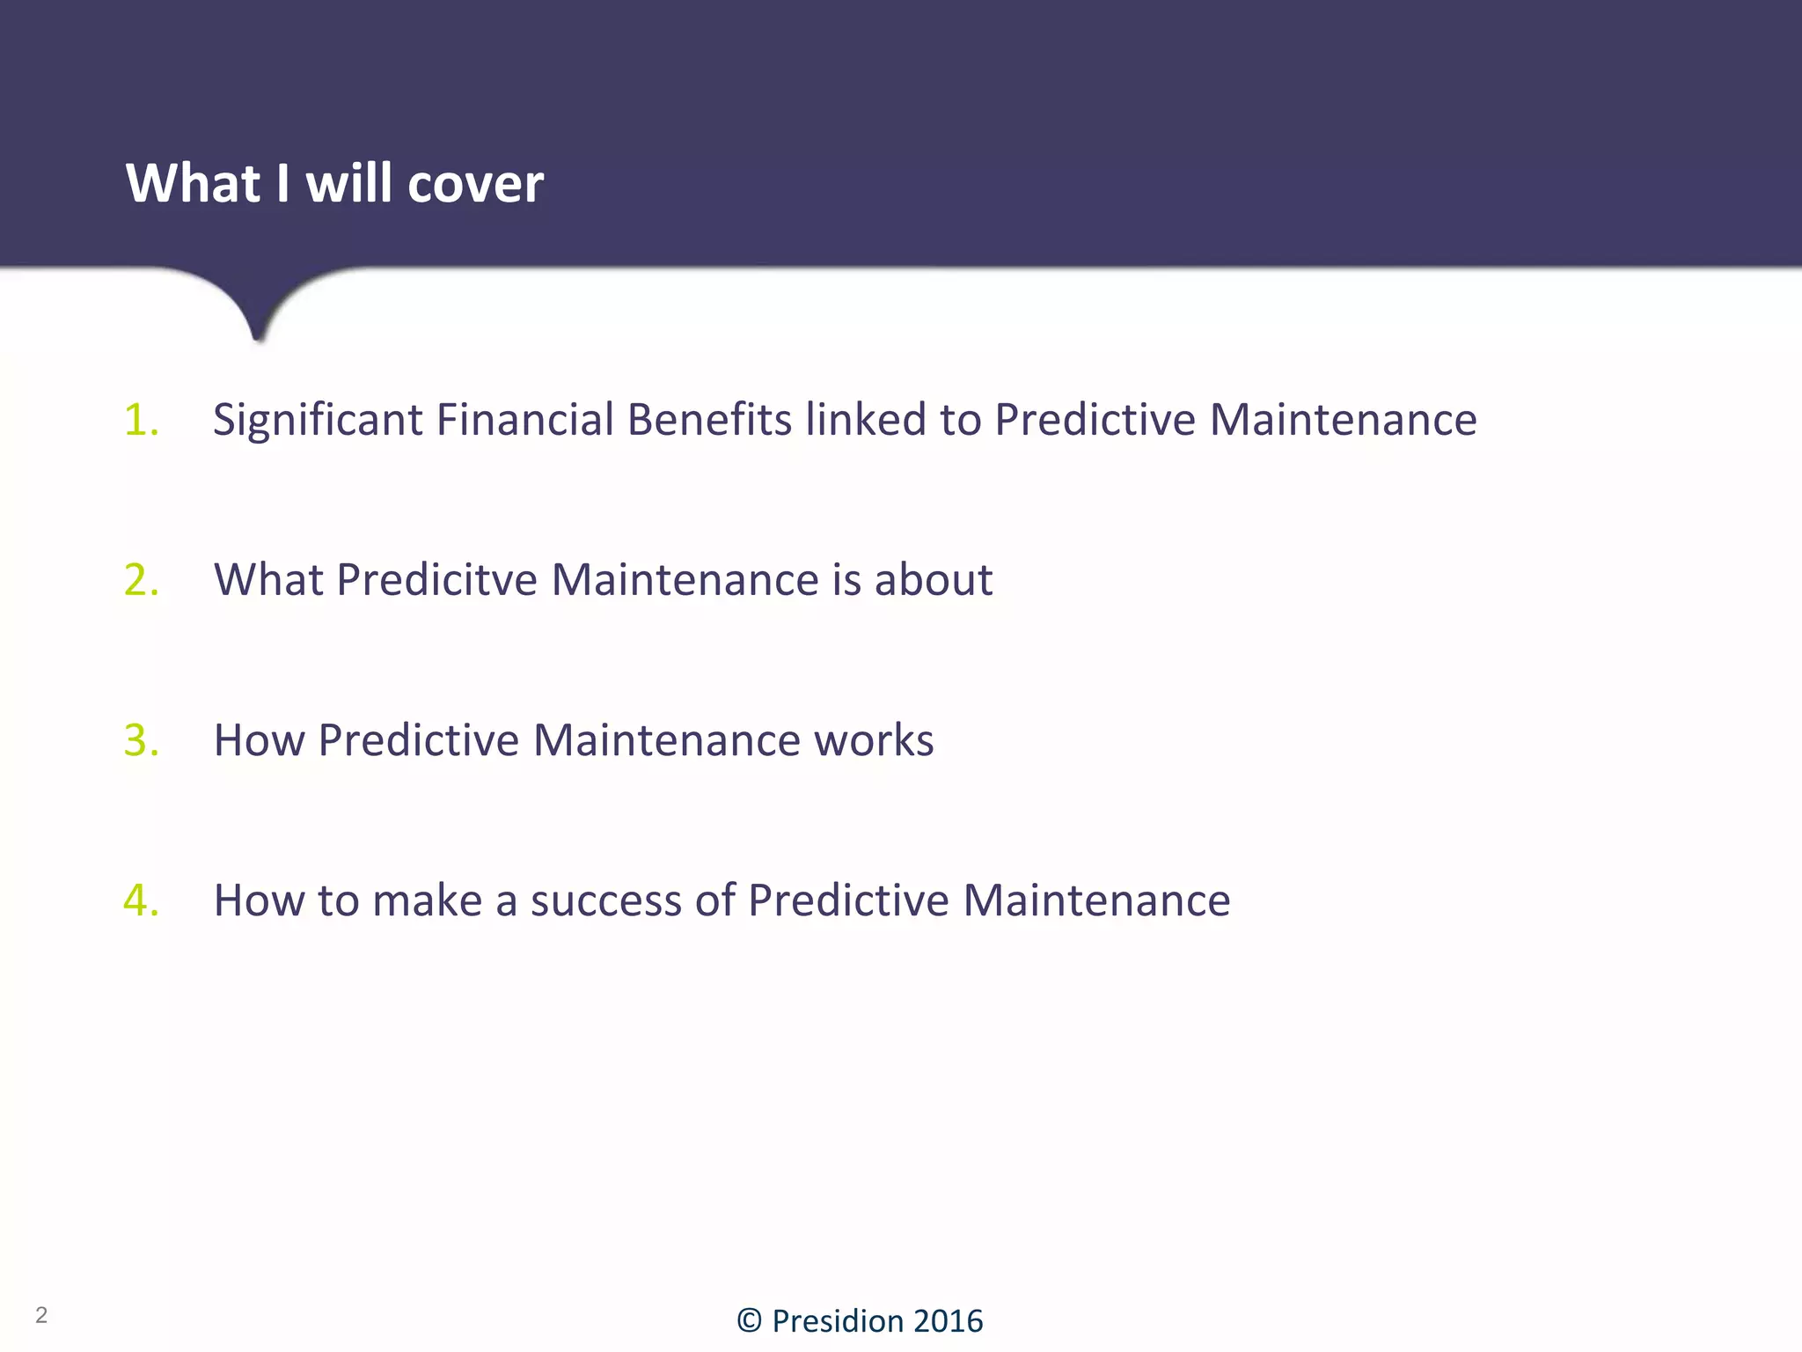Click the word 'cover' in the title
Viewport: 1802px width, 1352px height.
(x=475, y=185)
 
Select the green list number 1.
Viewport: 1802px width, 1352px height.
(x=141, y=420)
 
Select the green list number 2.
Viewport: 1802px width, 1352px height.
(x=141, y=580)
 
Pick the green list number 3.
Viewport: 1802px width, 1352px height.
(x=141, y=740)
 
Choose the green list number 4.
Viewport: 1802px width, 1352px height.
(x=141, y=900)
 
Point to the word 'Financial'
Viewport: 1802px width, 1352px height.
(x=524, y=420)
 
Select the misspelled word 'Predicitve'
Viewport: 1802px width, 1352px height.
(x=436, y=580)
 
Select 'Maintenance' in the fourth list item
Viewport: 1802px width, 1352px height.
(x=1096, y=900)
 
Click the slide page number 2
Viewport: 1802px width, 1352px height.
(x=41, y=1315)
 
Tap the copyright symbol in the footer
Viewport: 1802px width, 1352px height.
(x=749, y=1321)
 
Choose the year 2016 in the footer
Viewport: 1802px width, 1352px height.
(x=948, y=1321)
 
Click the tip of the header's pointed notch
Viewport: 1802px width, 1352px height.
(x=258, y=338)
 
